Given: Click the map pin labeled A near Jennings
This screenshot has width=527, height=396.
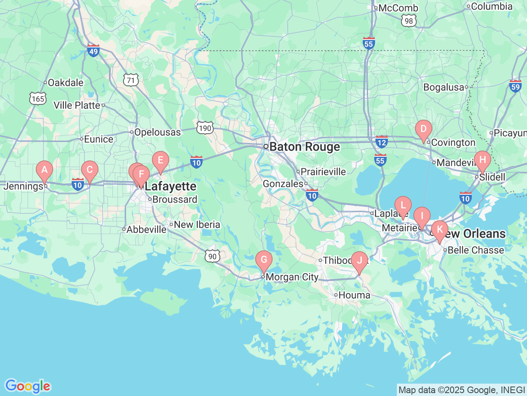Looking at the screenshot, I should click(x=44, y=170).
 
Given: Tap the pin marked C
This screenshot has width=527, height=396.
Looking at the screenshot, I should click(x=89, y=170).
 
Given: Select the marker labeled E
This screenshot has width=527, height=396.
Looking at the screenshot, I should click(x=160, y=160).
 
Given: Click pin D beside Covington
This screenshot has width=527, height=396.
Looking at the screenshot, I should click(x=423, y=129).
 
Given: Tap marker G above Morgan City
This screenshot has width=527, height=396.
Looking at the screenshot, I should click(x=264, y=260).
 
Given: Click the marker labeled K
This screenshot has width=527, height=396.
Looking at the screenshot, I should click(x=439, y=230).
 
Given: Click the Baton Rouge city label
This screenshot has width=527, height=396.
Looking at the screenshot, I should click(x=305, y=147).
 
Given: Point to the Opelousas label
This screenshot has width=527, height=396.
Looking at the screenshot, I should click(x=158, y=132).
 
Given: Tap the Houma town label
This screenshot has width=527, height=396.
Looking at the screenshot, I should click(x=354, y=295).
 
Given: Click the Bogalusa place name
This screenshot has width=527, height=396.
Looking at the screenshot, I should click(x=444, y=87).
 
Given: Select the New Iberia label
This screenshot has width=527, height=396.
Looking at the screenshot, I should click(x=197, y=225).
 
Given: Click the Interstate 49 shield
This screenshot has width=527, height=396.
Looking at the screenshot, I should click(x=93, y=51).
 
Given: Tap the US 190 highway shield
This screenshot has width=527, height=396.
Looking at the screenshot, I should click(x=205, y=128).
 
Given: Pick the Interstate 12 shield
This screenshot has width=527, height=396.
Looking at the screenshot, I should click(x=382, y=142).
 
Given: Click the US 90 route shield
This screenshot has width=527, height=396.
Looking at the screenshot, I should click(x=212, y=256).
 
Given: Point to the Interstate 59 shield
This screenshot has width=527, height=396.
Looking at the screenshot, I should click(x=515, y=86).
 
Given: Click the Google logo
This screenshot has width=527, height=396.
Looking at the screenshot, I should click(x=28, y=387).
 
